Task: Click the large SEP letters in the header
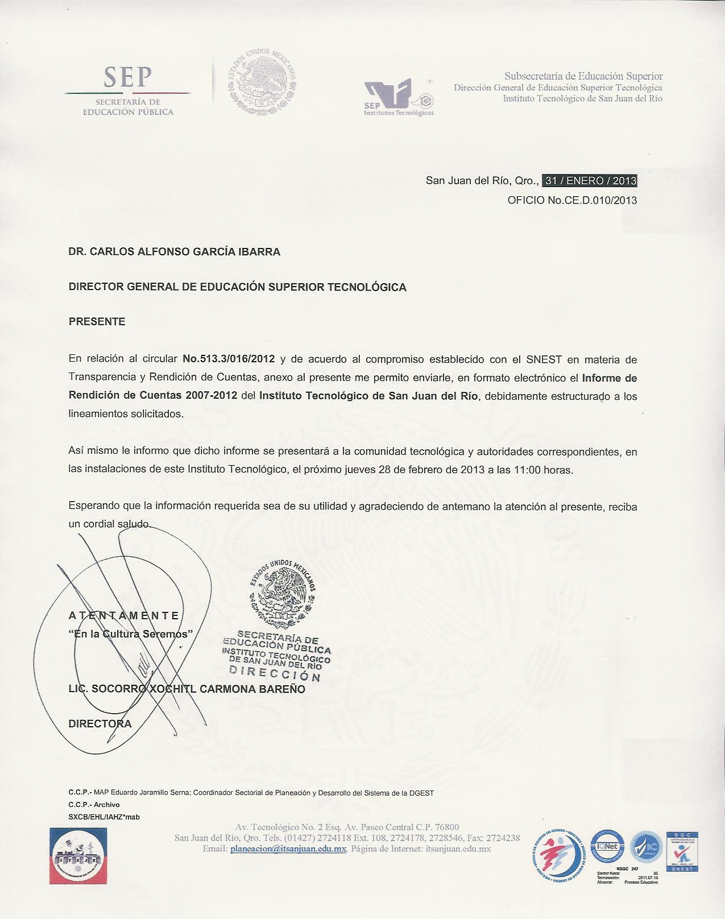click(x=127, y=77)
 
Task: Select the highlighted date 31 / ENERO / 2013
click(x=590, y=181)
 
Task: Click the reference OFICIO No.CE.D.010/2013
click(x=572, y=200)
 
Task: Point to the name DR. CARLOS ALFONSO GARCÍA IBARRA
click(x=174, y=251)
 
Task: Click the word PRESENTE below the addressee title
click(x=97, y=321)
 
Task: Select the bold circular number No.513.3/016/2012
click(x=229, y=359)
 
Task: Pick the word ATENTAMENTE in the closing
click(x=124, y=615)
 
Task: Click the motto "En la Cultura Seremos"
click(x=134, y=633)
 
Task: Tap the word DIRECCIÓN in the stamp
click(x=275, y=673)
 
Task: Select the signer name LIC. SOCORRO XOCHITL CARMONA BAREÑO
click(x=187, y=689)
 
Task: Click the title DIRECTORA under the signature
click(x=100, y=724)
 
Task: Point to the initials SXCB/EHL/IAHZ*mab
click(x=103, y=817)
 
